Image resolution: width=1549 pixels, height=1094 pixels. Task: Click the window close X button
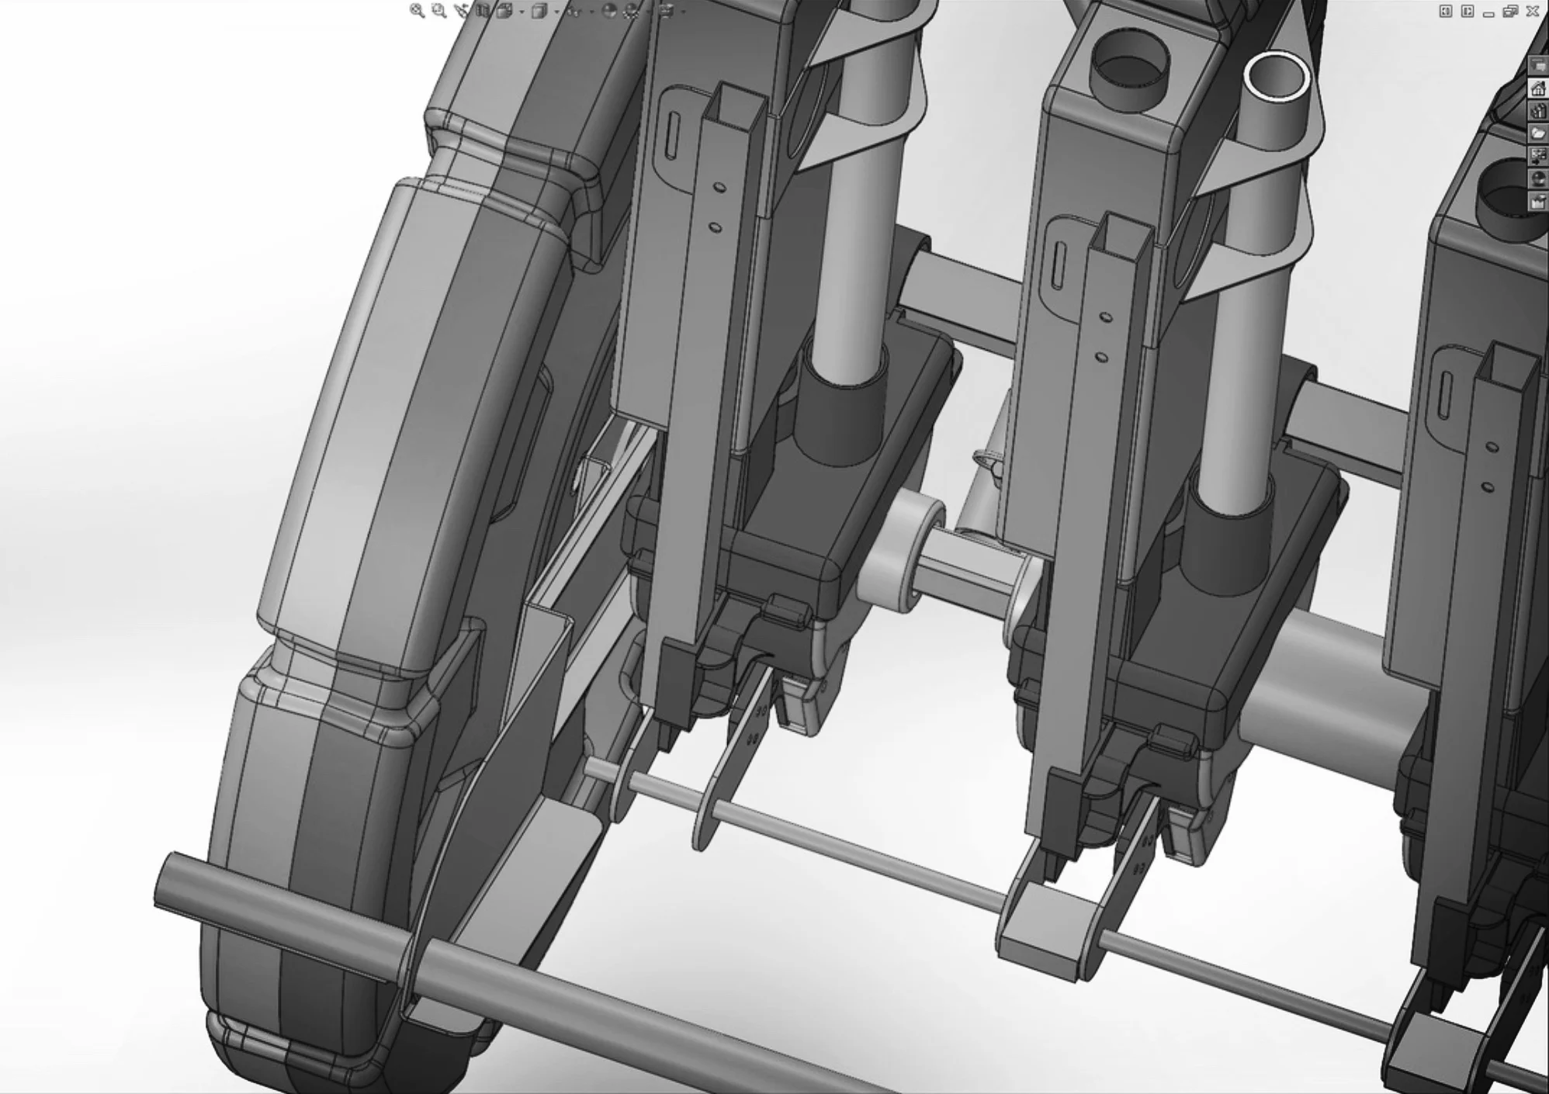pos(1533,11)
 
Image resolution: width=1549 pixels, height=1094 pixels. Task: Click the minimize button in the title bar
pos(1488,12)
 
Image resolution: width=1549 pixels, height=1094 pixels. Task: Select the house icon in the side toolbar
pos(1537,89)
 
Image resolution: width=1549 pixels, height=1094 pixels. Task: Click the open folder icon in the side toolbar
pos(1537,133)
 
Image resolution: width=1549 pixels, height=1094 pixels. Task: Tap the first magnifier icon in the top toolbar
pos(418,11)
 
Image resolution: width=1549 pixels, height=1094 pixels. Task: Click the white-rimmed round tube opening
pos(1276,77)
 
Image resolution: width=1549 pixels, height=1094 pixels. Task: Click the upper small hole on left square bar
pos(719,187)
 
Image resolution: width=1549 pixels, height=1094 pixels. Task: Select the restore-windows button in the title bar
pos(1510,11)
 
